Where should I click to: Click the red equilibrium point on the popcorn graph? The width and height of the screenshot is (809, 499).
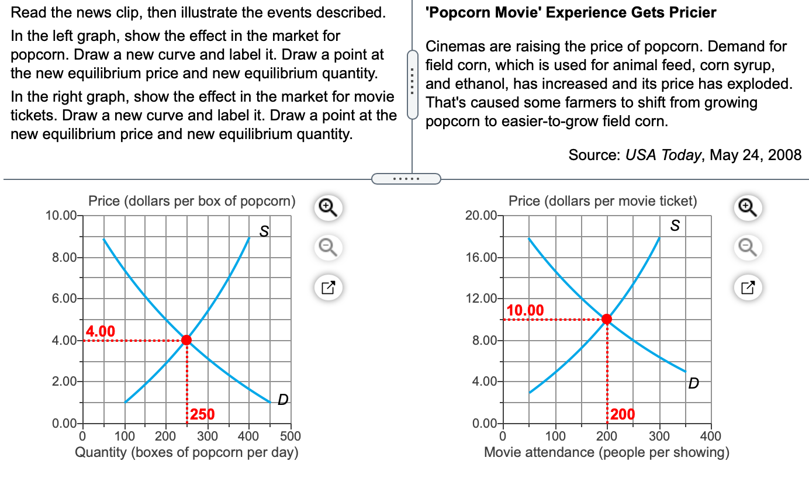click(186, 340)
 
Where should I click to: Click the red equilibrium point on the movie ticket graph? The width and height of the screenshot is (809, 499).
click(607, 319)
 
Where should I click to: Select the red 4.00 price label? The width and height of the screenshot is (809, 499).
click(101, 331)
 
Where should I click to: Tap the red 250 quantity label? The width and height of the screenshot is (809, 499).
click(203, 414)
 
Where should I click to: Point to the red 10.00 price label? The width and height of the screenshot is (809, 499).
click(525, 310)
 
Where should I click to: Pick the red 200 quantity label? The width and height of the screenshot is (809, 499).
click(623, 414)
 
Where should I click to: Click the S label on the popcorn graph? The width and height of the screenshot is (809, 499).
click(264, 231)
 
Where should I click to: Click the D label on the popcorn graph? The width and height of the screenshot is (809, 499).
click(283, 400)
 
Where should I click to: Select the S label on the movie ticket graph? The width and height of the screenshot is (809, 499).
click(675, 226)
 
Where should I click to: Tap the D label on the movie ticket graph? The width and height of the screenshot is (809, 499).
click(693, 383)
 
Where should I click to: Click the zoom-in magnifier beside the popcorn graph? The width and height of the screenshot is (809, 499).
click(327, 207)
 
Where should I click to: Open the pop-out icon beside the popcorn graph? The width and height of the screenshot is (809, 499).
click(327, 287)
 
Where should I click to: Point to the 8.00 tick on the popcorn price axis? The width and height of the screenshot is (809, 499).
click(60, 258)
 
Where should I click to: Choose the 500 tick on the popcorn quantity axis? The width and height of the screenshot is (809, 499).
click(291, 436)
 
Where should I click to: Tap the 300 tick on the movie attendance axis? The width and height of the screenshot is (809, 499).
click(659, 436)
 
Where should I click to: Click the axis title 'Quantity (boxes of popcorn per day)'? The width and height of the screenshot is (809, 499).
click(186, 452)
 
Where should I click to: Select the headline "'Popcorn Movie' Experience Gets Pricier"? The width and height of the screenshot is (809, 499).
click(571, 12)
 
